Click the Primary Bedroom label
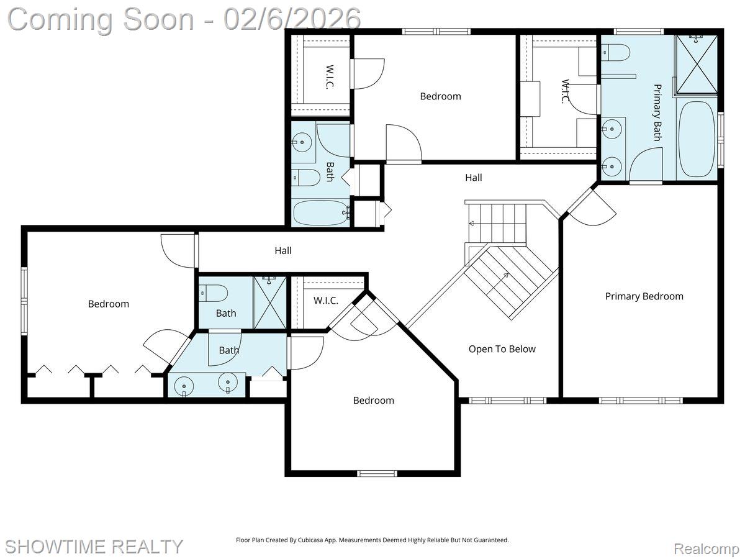pyautogui.click(x=644, y=296)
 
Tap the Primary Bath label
pyautogui.click(x=656, y=112)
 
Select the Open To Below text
pyautogui.click(x=502, y=349)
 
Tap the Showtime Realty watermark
pyautogui.click(x=94, y=547)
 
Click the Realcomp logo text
pyautogui.click(x=707, y=549)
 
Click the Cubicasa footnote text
pyautogui.click(x=372, y=540)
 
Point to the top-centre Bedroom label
pyautogui.click(x=440, y=96)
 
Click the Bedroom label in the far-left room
pyautogui.click(x=109, y=304)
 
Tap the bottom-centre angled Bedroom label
pyautogui.click(x=373, y=401)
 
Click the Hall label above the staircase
pyautogui.click(x=473, y=178)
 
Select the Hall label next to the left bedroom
pyautogui.click(x=283, y=251)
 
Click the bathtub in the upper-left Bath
pyautogui.click(x=320, y=213)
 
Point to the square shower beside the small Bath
pyautogui.click(x=270, y=303)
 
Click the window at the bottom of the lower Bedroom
pyautogui.click(x=377, y=473)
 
